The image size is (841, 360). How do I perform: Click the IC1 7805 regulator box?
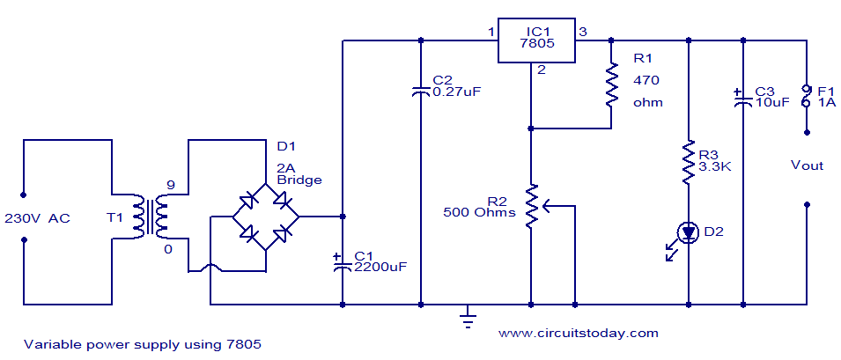click(536, 40)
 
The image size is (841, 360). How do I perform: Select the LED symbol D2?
click(686, 232)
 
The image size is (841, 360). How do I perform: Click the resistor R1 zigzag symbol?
click(609, 84)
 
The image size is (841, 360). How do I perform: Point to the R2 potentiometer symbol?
click(532, 206)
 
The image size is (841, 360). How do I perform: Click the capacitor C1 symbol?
click(342, 263)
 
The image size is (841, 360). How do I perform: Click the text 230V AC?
click(48, 217)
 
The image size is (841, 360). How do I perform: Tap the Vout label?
click(807, 165)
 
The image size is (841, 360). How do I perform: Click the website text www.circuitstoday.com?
click(578, 333)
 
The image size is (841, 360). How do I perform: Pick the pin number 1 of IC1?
click(491, 33)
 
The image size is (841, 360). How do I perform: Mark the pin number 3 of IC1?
click(582, 33)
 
